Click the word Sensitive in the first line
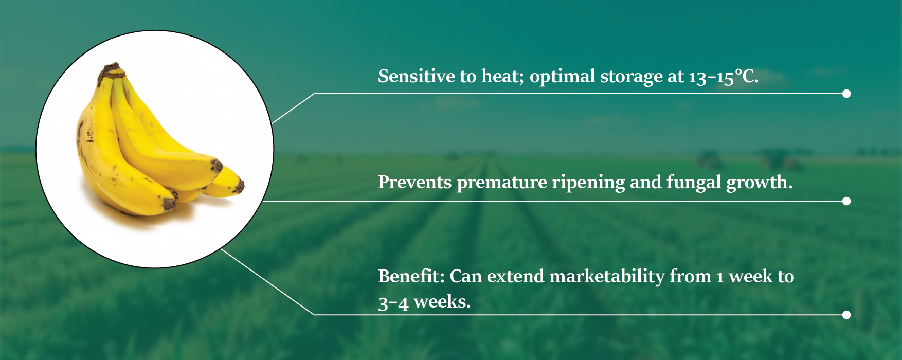coord(416,76)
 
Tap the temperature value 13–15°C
coord(724,77)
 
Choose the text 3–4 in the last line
coord(393,302)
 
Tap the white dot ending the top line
coord(846,94)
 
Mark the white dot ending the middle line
coord(846,201)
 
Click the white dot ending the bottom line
coord(846,315)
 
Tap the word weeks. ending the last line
coord(442,301)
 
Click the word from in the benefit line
coord(690,276)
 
